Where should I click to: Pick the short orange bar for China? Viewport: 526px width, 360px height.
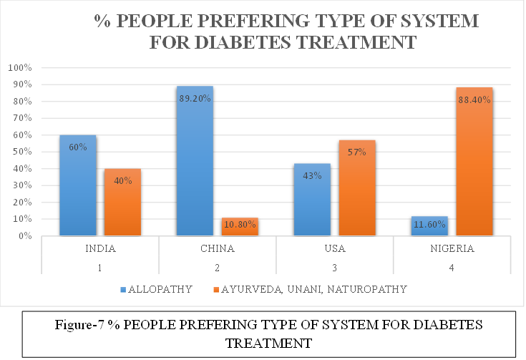(239, 228)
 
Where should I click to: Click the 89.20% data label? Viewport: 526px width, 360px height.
(195, 98)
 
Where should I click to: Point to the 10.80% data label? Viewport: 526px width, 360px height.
(240, 225)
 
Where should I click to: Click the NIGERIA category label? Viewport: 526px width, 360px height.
(452, 250)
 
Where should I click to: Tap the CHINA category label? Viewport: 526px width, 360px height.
(217, 250)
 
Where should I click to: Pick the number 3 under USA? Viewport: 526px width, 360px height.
(334, 267)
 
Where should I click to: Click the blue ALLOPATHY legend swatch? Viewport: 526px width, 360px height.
(125, 290)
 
